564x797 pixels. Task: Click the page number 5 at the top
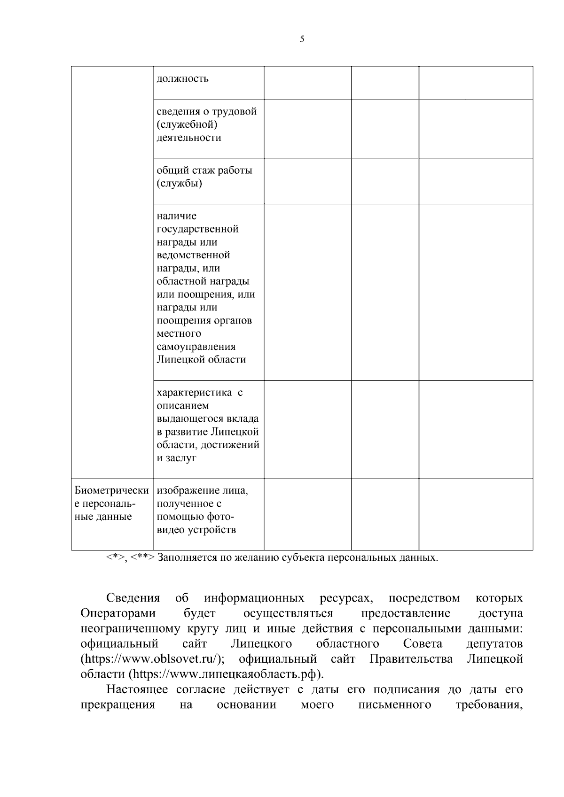(x=302, y=39)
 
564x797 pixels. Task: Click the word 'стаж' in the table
(x=203, y=170)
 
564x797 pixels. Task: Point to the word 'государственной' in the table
(x=197, y=229)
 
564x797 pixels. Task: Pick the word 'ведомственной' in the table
(x=193, y=255)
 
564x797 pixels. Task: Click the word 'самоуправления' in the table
(x=196, y=347)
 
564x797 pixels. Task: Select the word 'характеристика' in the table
(x=194, y=393)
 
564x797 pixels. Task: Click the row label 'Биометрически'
(x=111, y=491)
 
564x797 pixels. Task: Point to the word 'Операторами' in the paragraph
(x=118, y=613)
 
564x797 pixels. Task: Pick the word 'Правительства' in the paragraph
(x=411, y=659)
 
